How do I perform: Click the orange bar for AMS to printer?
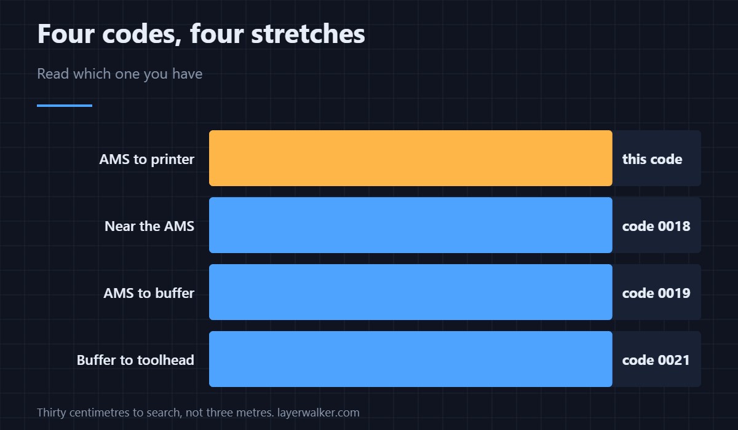coord(411,158)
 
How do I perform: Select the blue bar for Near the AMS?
coord(411,225)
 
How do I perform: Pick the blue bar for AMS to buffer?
coord(411,292)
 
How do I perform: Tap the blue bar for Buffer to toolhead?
coord(411,359)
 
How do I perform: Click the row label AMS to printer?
coord(146,160)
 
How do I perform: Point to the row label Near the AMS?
coord(149,226)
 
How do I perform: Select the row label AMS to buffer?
coord(149,293)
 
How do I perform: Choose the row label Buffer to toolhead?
coord(135,360)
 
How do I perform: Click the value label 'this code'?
coord(652,159)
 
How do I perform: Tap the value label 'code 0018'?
coord(656,226)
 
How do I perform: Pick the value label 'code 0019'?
coord(656,293)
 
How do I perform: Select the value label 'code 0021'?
coord(656,360)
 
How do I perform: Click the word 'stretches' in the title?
coord(308,34)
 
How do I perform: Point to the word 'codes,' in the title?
coord(142,34)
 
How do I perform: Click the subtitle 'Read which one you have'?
coord(119,74)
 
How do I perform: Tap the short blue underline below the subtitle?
coord(65,106)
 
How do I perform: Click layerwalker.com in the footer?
coord(319,413)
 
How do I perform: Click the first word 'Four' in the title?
coord(66,34)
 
